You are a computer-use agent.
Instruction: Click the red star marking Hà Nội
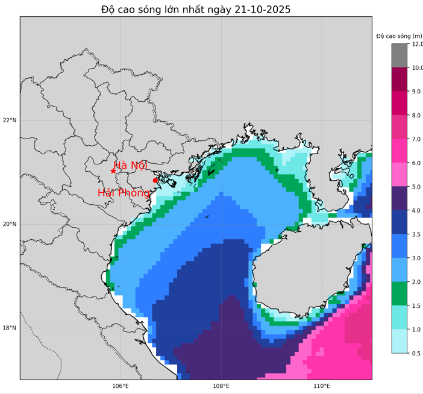pyautogui.click(x=113, y=171)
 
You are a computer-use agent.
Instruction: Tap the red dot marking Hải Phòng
pyautogui.click(x=155, y=180)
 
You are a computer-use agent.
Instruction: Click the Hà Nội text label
pyautogui.click(x=130, y=166)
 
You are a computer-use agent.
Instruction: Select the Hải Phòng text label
pyautogui.click(x=124, y=193)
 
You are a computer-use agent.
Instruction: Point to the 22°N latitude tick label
pyautogui.click(x=10, y=120)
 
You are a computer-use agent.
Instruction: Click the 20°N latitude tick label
pyautogui.click(x=10, y=224)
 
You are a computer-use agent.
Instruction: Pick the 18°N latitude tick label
pyautogui.click(x=10, y=328)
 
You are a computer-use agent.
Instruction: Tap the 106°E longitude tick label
pyautogui.click(x=121, y=386)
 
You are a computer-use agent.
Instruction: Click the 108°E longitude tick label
pyautogui.click(x=221, y=386)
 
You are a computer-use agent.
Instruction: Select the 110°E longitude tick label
pyautogui.click(x=322, y=386)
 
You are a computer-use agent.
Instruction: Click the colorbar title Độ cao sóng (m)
pyautogui.click(x=399, y=36)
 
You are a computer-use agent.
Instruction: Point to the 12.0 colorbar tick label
pyautogui.click(x=417, y=44)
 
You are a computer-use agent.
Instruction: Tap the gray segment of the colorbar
pyautogui.click(x=399, y=55)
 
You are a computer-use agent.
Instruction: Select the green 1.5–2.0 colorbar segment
pyautogui.click(x=399, y=293)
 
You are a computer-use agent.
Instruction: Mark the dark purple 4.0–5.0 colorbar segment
pyautogui.click(x=399, y=198)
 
